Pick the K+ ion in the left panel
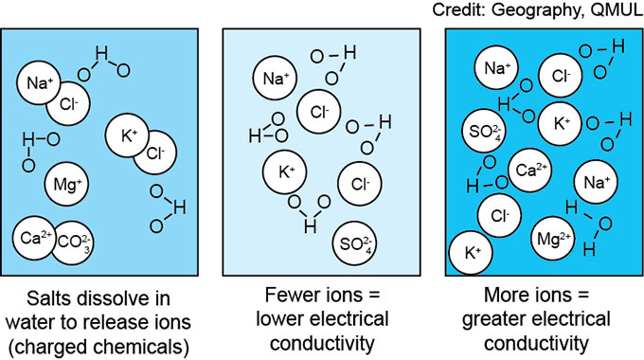[128, 134]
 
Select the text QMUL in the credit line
[617, 10]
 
